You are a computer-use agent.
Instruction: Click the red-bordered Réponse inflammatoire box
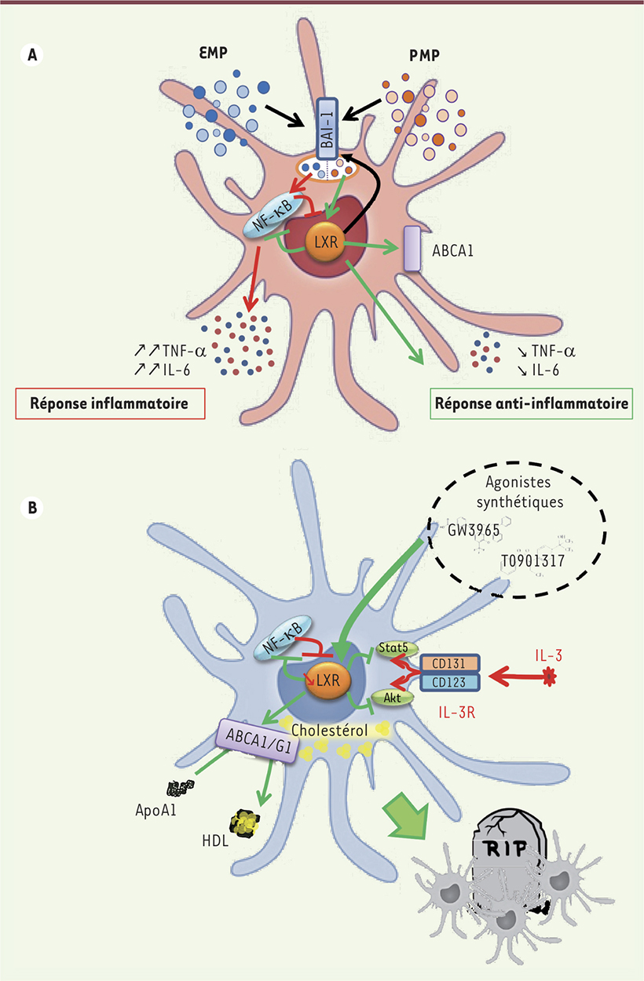[x=108, y=406]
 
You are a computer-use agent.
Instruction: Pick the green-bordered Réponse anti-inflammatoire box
[x=532, y=406]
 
